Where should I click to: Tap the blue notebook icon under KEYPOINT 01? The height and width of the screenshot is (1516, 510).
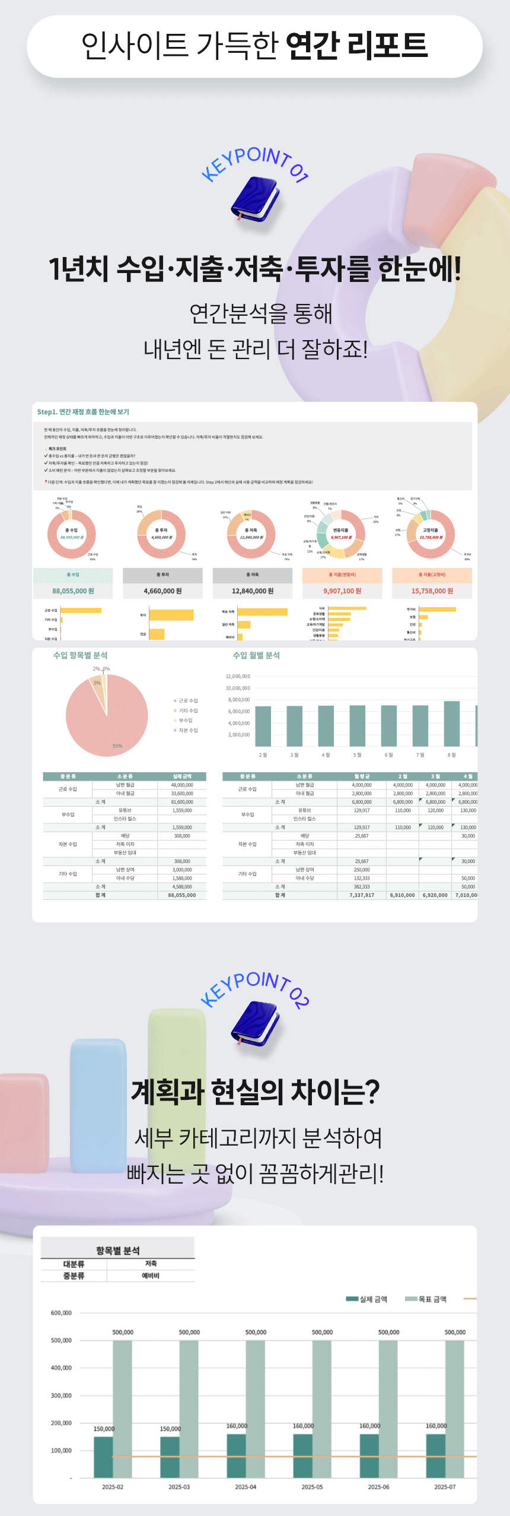click(255, 199)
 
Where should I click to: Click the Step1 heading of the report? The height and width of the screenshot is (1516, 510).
click(83, 412)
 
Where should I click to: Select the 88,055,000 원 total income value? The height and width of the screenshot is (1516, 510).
click(73, 591)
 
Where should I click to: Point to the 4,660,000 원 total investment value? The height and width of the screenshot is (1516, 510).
click(162, 591)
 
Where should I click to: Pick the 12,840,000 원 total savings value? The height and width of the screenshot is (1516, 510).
click(253, 591)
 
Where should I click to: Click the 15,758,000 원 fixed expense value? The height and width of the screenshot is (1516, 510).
click(432, 591)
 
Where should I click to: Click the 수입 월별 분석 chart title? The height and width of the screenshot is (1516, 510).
click(256, 655)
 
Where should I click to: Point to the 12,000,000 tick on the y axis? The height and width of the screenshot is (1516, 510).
click(238, 676)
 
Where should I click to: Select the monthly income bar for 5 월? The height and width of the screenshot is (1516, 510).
click(357, 725)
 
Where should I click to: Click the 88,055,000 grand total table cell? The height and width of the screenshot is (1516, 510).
click(182, 895)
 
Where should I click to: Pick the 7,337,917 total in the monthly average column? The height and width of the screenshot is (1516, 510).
click(362, 895)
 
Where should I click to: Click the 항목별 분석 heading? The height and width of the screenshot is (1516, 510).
click(118, 1251)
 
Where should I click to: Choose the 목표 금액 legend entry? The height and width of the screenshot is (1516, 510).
click(427, 1299)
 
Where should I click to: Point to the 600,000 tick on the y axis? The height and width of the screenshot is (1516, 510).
click(61, 1313)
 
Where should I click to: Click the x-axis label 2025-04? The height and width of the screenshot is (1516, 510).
click(246, 1487)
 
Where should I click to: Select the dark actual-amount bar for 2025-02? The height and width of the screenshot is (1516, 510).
click(103, 1457)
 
